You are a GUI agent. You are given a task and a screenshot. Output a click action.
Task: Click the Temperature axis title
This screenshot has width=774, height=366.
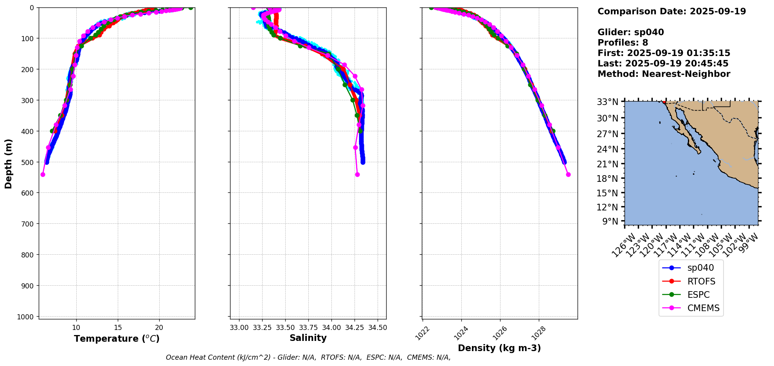click(x=117, y=339)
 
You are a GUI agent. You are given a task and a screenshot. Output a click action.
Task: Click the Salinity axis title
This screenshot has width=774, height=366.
click(x=308, y=338)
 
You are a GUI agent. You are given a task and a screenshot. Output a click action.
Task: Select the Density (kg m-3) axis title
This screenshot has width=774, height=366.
click(x=499, y=348)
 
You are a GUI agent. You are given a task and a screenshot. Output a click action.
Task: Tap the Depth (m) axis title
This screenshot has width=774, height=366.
click(x=9, y=164)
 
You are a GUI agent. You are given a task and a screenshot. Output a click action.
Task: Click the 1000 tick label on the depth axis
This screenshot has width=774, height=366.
click(x=27, y=317)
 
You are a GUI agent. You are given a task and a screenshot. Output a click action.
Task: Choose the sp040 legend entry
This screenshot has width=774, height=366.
click(x=700, y=268)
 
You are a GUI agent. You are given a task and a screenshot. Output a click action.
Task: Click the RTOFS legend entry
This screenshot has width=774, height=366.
click(x=701, y=281)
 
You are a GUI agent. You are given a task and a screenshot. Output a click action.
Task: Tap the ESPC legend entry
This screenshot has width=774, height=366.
click(x=698, y=295)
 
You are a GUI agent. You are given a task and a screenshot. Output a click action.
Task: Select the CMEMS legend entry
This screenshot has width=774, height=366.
click(x=703, y=308)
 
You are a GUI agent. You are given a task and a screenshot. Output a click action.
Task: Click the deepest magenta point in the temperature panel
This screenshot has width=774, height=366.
click(x=43, y=174)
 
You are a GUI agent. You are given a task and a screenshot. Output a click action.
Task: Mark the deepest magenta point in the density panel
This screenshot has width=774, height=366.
click(x=568, y=174)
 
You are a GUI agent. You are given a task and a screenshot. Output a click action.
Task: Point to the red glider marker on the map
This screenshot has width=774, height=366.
click(x=664, y=102)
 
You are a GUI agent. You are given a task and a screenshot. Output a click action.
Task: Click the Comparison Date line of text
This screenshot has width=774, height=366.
click(x=671, y=11)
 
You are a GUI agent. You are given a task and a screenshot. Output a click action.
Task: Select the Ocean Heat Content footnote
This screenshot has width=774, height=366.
click(x=308, y=357)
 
